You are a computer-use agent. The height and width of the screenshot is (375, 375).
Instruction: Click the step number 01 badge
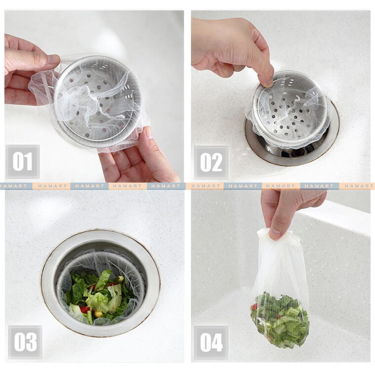[x=23, y=161]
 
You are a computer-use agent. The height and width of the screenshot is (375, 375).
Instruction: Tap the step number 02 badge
[x=211, y=163]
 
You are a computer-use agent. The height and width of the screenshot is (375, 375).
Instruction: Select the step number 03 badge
[x=25, y=342]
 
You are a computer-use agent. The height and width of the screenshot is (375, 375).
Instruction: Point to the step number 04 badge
[x=211, y=342]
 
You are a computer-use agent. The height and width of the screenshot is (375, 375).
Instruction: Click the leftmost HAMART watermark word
[x=11, y=186]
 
